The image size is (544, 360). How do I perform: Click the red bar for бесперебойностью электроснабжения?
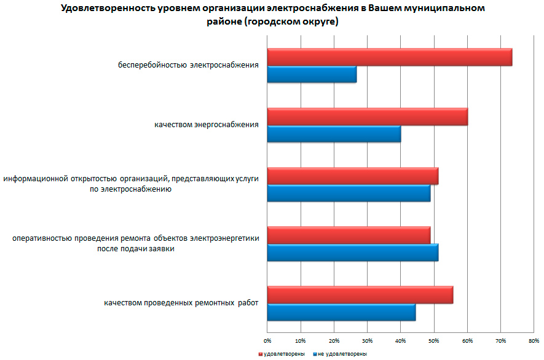[x=390, y=57]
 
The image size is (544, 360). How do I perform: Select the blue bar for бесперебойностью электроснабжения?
[x=312, y=74]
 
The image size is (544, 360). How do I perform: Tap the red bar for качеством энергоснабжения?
[x=368, y=116]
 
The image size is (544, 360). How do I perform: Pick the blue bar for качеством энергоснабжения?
[x=334, y=133]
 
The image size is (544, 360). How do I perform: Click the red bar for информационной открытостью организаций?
[x=353, y=176]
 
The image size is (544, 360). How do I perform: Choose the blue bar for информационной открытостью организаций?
[x=349, y=193]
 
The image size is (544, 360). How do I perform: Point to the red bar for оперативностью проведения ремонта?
[x=349, y=235]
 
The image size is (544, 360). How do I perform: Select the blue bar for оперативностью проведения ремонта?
[x=353, y=252]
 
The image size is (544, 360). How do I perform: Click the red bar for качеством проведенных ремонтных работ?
[x=360, y=295]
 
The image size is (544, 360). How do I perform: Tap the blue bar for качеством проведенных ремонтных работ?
[x=341, y=312]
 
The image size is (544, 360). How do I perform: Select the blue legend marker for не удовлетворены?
[x=315, y=354]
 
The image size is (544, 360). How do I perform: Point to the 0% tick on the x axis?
[x=267, y=340]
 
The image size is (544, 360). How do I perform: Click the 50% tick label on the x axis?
[x=434, y=340]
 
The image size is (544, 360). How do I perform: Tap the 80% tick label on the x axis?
[x=534, y=340]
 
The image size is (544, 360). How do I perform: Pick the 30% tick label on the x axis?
[x=368, y=340]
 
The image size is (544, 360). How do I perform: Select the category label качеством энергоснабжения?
[x=207, y=125]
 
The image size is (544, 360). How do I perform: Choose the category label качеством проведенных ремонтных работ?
[x=181, y=303]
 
